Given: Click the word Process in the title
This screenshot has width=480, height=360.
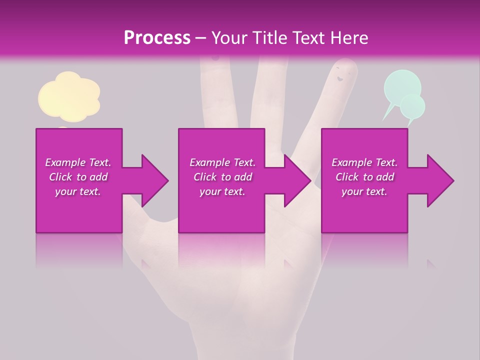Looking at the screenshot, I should (x=157, y=38).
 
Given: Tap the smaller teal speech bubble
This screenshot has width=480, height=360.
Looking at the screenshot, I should (x=412, y=106).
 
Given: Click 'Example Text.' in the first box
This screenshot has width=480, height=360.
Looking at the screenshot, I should (x=78, y=162).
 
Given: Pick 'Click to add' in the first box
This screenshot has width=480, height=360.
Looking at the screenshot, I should (x=78, y=177).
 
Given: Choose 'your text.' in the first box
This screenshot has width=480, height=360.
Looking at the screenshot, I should (x=78, y=191).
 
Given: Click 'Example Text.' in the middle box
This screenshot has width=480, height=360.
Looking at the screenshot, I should (x=222, y=162).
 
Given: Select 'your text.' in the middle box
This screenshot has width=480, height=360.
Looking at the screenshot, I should (x=222, y=191).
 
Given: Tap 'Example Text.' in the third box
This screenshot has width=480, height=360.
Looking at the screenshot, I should (x=364, y=162).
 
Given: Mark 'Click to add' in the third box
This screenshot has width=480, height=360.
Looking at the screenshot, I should (x=364, y=177).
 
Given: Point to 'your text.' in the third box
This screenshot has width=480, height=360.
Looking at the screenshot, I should (x=364, y=191).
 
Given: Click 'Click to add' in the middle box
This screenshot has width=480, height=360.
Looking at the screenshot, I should (x=222, y=177).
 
